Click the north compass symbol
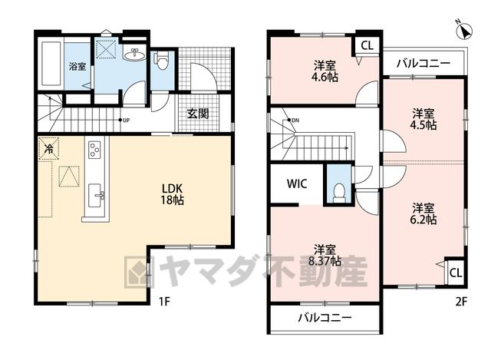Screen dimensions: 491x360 click(x=465, y=31)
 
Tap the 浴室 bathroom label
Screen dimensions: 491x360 click(x=77, y=67)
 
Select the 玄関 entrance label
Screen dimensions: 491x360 click(x=198, y=114)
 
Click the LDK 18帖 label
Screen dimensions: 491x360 click(x=172, y=194)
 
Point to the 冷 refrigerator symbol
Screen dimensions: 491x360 click(x=48, y=148)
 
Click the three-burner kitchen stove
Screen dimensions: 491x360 click(x=94, y=150)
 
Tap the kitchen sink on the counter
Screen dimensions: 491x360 click(x=95, y=196)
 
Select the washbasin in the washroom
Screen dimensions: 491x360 click(x=135, y=54)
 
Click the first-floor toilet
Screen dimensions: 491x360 click(x=161, y=61)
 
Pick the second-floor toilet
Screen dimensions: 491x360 click(x=338, y=193)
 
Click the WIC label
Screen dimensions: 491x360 click(x=297, y=183)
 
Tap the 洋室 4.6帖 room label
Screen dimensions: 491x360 click(x=325, y=71)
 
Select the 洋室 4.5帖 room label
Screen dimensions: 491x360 click(x=423, y=119)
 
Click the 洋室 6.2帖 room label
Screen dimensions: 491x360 click(x=423, y=213)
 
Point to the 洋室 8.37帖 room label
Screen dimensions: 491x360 click(x=325, y=256)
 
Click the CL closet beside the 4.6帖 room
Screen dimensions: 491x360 click(x=367, y=46)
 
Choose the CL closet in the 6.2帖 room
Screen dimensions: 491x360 click(x=456, y=272)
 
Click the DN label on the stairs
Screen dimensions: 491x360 click(x=295, y=121)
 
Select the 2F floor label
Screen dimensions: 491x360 click(x=461, y=302)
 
